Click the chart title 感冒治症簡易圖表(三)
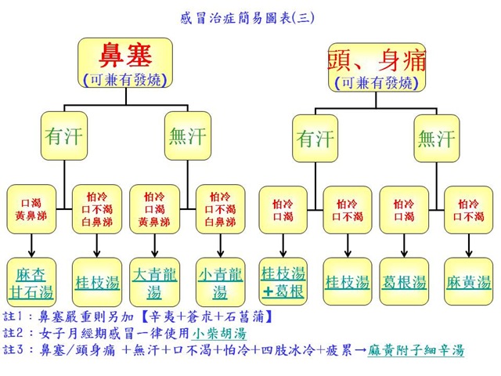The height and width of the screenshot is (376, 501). (250, 15)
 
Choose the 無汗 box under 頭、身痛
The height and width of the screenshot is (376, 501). (435, 139)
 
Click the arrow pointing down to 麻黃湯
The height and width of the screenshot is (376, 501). (469, 245)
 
